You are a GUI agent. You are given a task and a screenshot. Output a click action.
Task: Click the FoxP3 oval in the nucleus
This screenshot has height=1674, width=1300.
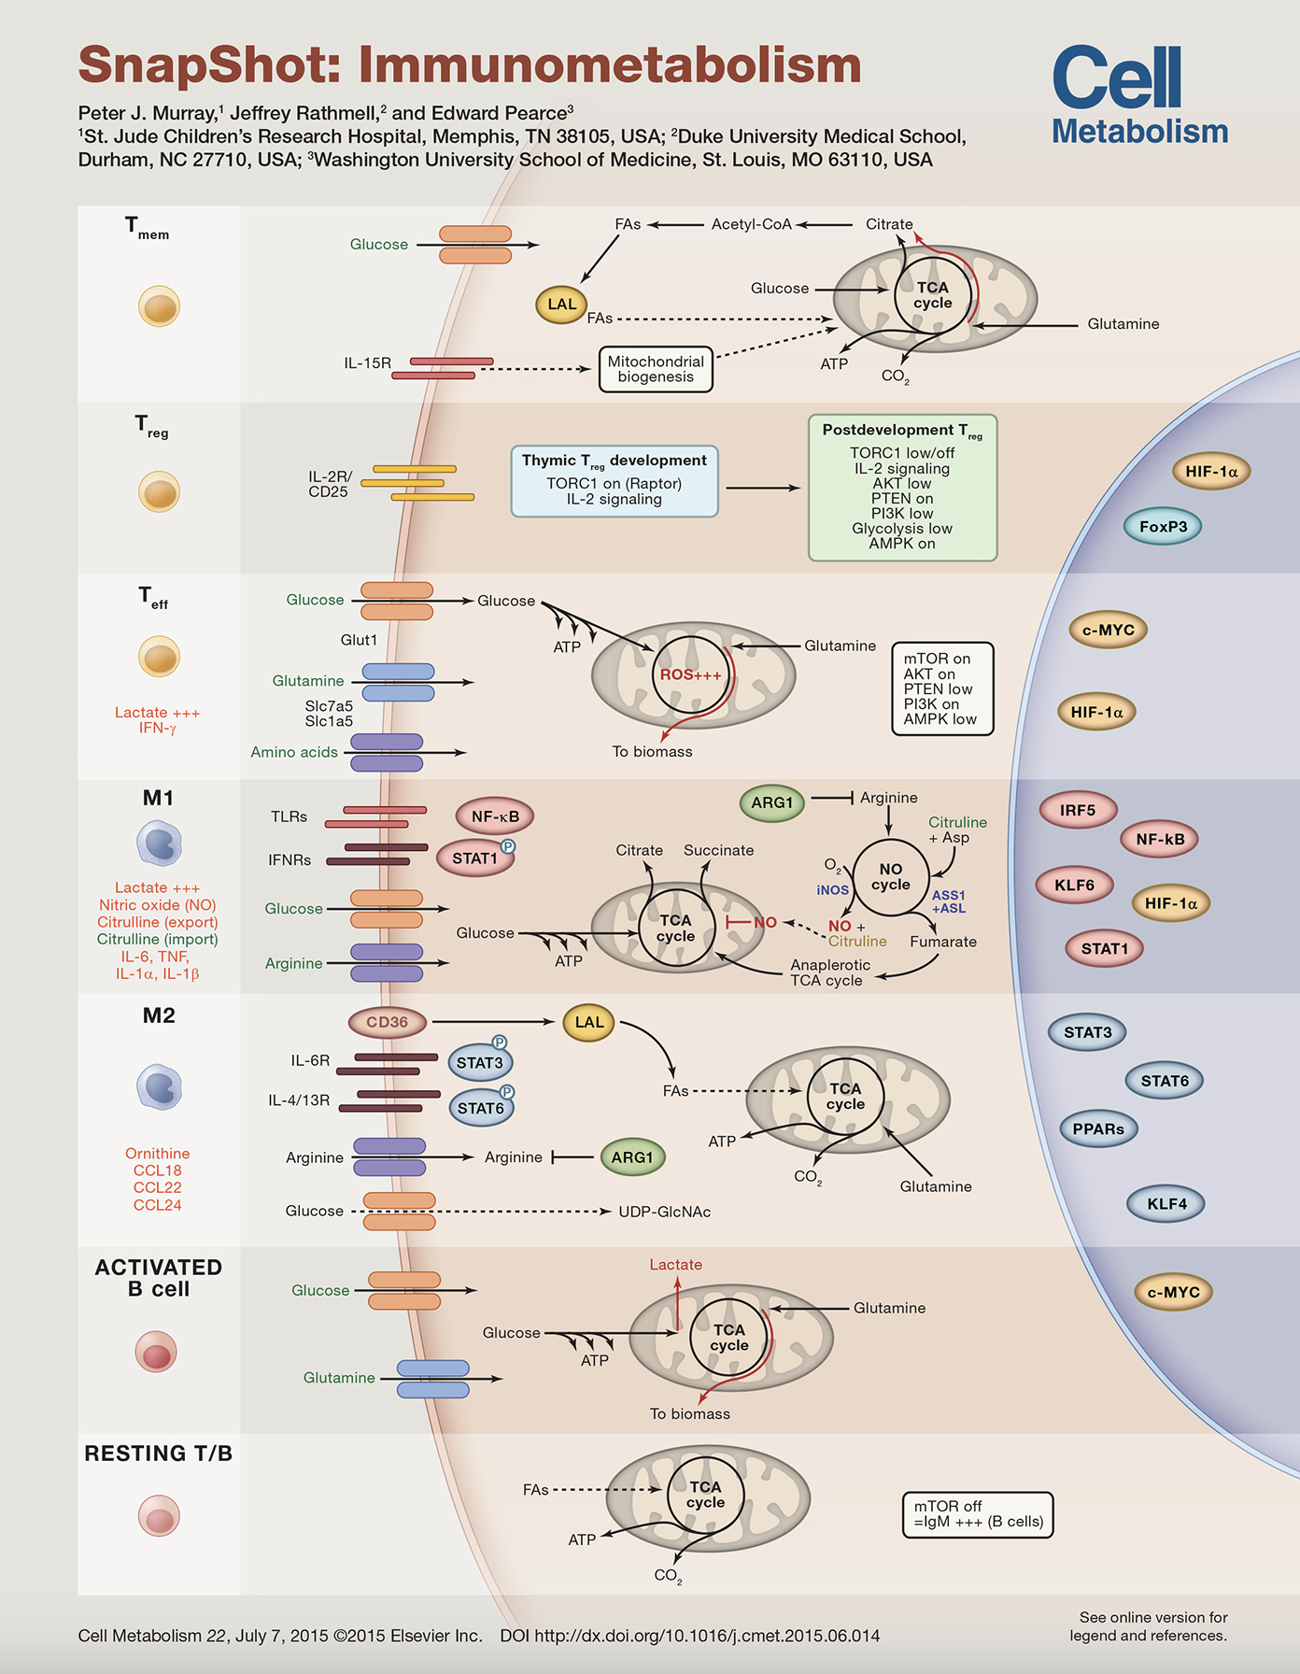tap(1163, 527)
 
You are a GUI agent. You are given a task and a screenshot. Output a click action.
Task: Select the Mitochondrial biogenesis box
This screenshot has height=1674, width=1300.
tap(656, 369)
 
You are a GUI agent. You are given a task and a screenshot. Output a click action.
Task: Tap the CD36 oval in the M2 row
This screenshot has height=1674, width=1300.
tap(387, 1022)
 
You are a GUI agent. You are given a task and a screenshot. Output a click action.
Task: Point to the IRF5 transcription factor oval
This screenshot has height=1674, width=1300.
tap(1078, 810)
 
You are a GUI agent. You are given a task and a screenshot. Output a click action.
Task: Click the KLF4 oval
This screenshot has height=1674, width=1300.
tap(1166, 1204)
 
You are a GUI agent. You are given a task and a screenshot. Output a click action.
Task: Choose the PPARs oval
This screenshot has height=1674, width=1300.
tap(1098, 1129)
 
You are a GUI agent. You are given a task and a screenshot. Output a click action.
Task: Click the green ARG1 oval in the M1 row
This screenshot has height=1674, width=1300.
tap(771, 802)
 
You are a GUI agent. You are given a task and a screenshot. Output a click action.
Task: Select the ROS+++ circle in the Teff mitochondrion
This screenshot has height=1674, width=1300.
tap(691, 674)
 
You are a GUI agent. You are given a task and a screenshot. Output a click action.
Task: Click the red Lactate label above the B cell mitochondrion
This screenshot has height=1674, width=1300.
tap(676, 1265)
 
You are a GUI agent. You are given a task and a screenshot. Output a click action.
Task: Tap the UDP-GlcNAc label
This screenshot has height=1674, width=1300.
tap(665, 1212)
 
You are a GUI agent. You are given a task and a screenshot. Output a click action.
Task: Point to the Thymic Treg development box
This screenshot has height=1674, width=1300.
tap(615, 481)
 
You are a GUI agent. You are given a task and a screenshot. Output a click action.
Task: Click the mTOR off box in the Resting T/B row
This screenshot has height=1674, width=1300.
tap(978, 1514)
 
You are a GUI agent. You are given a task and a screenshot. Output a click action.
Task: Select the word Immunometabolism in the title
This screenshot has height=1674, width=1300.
tap(610, 64)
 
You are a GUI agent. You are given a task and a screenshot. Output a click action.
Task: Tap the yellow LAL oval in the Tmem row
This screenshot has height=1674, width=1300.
tap(562, 305)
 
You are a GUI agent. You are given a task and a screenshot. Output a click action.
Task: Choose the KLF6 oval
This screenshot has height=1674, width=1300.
tap(1075, 885)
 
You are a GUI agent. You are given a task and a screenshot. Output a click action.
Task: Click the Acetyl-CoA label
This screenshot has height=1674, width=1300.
tap(752, 224)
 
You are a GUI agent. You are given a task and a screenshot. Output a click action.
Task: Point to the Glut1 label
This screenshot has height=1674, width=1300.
tap(359, 640)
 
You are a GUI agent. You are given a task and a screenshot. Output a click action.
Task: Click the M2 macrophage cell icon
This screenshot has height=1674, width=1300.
tap(159, 1087)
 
